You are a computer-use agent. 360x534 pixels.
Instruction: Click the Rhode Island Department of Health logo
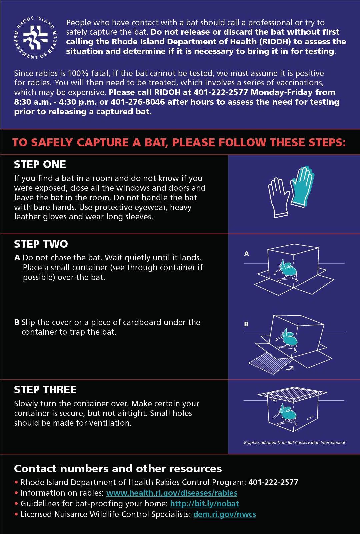(x=36, y=38)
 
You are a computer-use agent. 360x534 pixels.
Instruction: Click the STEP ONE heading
(x=40, y=164)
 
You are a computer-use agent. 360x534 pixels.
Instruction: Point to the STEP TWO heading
(x=41, y=244)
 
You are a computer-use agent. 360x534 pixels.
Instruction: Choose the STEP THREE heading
(x=45, y=390)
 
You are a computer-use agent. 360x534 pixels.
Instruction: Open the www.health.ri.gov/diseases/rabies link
(x=172, y=493)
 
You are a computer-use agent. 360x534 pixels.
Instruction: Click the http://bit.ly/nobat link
(x=204, y=504)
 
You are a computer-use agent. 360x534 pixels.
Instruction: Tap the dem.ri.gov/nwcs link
(x=224, y=514)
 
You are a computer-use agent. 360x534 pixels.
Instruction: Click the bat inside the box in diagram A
(x=286, y=271)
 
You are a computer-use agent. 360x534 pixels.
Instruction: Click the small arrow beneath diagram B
(x=289, y=368)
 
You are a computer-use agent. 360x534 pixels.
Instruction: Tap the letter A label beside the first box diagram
(x=247, y=254)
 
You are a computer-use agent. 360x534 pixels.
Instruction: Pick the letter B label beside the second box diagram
(x=246, y=324)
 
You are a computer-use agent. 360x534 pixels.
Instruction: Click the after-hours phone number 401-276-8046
(x=138, y=102)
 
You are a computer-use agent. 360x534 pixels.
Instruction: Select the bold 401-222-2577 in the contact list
(x=273, y=482)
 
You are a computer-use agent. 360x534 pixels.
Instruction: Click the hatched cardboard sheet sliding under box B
(x=269, y=363)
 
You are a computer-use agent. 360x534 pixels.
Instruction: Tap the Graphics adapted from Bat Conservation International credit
(x=294, y=443)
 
